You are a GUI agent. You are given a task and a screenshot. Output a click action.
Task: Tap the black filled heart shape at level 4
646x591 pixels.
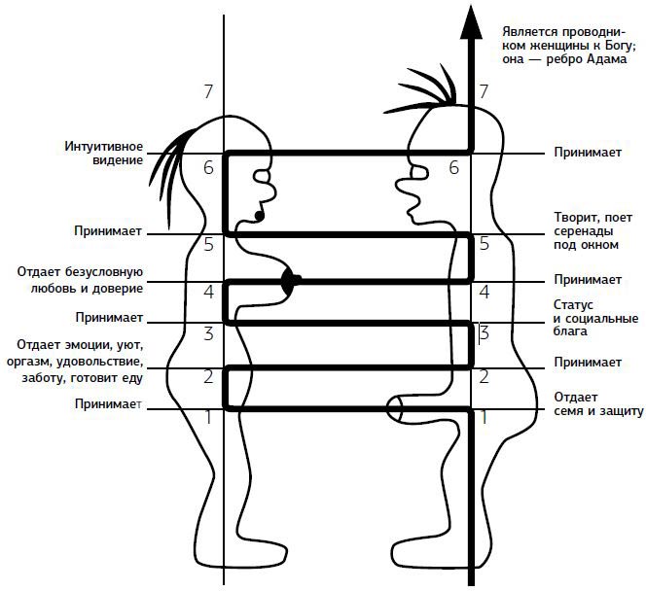click(290, 282)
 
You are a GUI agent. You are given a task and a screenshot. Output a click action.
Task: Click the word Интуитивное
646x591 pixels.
click(103, 147)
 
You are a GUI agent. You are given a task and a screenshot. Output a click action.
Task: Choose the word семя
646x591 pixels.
click(570, 411)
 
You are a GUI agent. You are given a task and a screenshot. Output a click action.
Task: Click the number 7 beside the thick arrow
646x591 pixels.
click(484, 92)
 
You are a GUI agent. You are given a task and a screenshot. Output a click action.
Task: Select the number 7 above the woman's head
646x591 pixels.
click(208, 92)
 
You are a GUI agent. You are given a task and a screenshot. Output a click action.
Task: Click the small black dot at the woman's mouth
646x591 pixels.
click(258, 213)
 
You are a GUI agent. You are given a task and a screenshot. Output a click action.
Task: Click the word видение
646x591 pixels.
click(118, 160)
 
